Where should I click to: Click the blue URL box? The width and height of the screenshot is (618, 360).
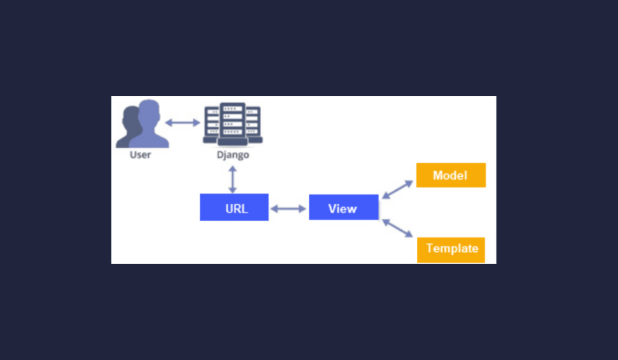click(x=234, y=207)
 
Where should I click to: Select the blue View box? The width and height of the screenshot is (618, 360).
click(x=343, y=207)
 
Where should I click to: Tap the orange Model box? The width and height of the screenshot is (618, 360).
click(x=451, y=175)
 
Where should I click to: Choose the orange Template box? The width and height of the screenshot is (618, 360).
click(x=451, y=250)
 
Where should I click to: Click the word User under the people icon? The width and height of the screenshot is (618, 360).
click(x=140, y=155)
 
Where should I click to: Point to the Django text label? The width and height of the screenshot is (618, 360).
click(x=233, y=155)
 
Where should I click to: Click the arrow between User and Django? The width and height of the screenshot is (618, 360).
click(x=183, y=123)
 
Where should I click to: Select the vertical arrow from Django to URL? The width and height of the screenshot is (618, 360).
click(x=232, y=180)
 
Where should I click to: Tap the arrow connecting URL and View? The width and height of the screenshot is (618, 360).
click(x=289, y=208)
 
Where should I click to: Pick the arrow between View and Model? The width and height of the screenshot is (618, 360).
click(x=397, y=189)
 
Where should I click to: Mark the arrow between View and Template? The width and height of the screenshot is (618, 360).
click(x=397, y=229)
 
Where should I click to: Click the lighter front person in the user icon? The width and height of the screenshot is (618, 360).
click(x=149, y=124)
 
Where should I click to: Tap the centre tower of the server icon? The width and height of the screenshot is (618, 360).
click(x=232, y=124)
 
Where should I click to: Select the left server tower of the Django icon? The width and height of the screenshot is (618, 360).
click(x=211, y=124)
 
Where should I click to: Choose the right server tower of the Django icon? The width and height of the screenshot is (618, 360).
click(x=254, y=124)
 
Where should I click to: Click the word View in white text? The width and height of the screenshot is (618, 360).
click(x=343, y=208)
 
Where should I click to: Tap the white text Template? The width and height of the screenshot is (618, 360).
click(x=452, y=248)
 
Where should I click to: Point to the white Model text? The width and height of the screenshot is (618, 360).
click(x=450, y=175)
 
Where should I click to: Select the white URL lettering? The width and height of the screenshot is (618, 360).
click(x=237, y=208)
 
